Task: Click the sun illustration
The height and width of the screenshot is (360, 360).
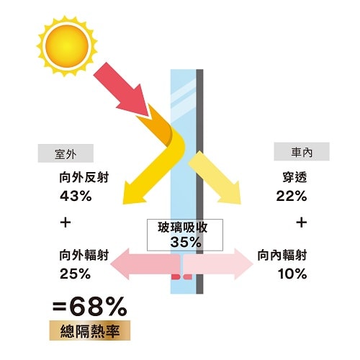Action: [x=67, y=46]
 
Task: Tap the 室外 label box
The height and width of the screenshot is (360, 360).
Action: [x=66, y=153]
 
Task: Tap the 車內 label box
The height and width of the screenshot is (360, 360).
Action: [x=302, y=151]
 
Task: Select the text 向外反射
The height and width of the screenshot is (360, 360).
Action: [x=84, y=178]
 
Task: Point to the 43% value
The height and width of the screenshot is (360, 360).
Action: [x=76, y=196]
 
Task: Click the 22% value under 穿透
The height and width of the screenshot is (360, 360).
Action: [x=292, y=196]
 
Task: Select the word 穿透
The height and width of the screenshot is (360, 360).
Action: [x=294, y=178]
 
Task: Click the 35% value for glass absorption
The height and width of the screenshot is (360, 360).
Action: [x=186, y=242]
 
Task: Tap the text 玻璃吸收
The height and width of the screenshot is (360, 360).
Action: [x=183, y=227]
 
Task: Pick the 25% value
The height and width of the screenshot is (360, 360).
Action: [x=76, y=274]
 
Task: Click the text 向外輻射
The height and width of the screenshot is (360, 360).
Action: [x=84, y=255]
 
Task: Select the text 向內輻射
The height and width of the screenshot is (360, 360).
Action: [x=282, y=255]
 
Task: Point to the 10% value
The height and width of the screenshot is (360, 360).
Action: [x=292, y=274]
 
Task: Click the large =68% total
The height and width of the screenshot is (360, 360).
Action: [x=90, y=307]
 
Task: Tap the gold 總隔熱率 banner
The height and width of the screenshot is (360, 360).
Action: [x=90, y=330]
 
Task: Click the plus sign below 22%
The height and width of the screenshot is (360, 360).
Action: [x=302, y=222]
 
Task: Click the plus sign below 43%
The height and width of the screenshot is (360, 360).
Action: [x=66, y=222]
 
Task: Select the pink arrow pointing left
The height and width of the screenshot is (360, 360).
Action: [x=145, y=264]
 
